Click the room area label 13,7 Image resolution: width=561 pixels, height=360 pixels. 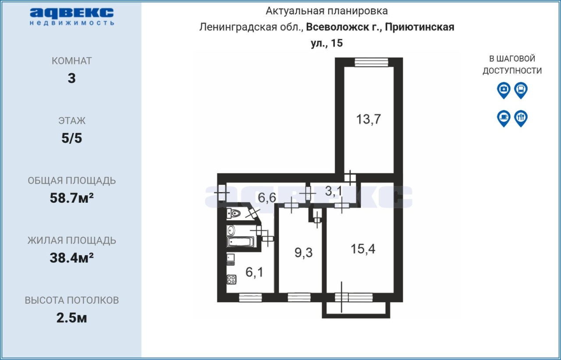pyautogui.click(x=369, y=119)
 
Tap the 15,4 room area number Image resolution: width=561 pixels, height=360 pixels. pyautogui.click(x=363, y=249)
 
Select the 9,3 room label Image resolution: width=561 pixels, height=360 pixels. pyautogui.click(x=304, y=253)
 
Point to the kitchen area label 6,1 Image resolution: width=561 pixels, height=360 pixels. pyautogui.click(x=255, y=272)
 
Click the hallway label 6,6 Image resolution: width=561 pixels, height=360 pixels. pyautogui.click(x=267, y=198)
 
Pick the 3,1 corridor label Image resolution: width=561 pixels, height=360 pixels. pyautogui.click(x=334, y=191)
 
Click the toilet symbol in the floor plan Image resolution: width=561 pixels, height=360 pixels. pyautogui.click(x=234, y=214)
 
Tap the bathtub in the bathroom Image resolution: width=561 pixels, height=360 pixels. pyautogui.click(x=241, y=242)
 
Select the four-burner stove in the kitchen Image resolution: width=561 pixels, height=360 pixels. pyautogui.click(x=231, y=280)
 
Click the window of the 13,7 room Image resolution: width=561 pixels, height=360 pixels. pyautogui.click(x=371, y=62)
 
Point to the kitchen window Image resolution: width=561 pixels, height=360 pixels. pyautogui.click(x=250, y=297)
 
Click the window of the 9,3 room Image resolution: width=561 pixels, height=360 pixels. pyautogui.click(x=299, y=297)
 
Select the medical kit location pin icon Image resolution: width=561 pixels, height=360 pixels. pyautogui.click(x=504, y=90)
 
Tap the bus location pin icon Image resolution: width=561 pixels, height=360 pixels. pyautogui.click(x=521, y=90)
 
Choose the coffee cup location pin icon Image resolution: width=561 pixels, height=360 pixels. pyautogui.click(x=504, y=118)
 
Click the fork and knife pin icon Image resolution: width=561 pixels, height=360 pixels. pyautogui.click(x=521, y=118)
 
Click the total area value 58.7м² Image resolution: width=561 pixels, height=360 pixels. pyautogui.click(x=72, y=198)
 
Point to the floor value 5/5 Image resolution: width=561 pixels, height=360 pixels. pyautogui.click(x=72, y=138)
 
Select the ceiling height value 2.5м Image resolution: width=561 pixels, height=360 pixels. pyautogui.click(x=71, y=318)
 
